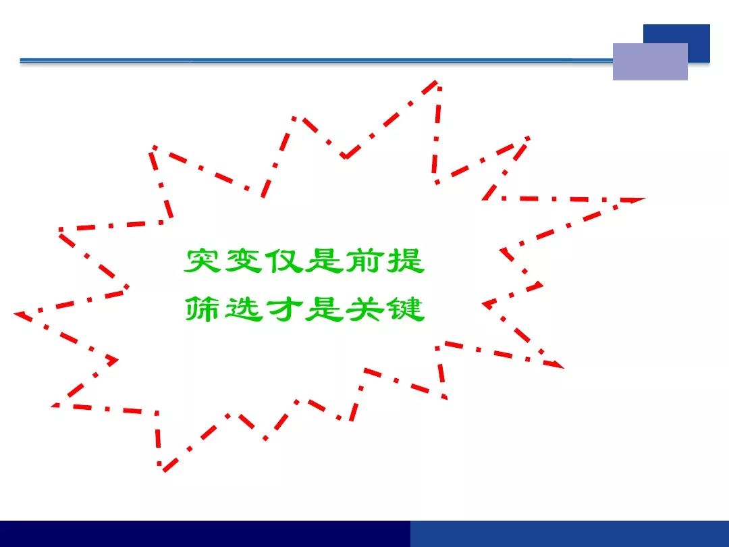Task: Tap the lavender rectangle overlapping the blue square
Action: [650, 61]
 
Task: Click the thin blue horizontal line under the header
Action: [316, 60]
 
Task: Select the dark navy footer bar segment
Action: [205, 533]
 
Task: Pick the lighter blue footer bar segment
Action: [570, 533]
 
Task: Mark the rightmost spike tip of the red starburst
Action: [645, 199]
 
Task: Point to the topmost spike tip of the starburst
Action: [437, 82]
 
